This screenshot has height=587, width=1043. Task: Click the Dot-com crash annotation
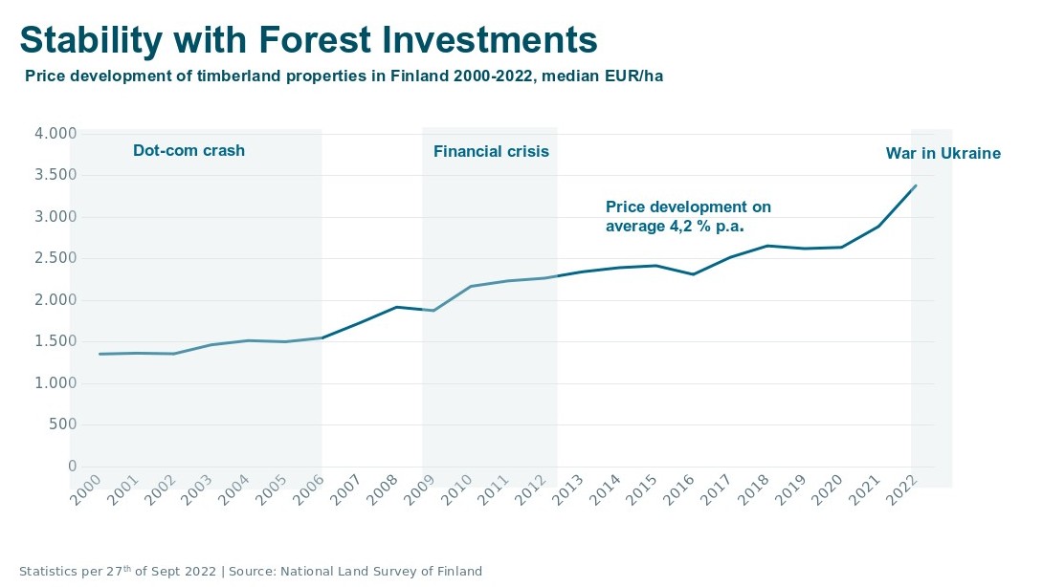tap(189, 150)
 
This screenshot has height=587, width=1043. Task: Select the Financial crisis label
tap(491, 151)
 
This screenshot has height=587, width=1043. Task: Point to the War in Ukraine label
tap(943, 153)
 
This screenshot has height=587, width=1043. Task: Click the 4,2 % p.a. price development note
tap(688, 217)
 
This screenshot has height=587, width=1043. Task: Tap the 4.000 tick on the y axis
tap(55, 134)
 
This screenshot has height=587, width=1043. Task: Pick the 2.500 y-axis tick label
tap(55, 258)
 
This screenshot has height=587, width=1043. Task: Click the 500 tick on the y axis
tap(62, 424)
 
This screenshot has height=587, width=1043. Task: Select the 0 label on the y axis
tap(72, 467)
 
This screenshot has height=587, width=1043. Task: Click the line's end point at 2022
tap(916, 185)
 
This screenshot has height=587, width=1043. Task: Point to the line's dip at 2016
tap(693, 274)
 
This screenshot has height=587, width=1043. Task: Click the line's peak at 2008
tap(396, 307)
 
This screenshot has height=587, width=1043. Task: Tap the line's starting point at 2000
tap(100, 354)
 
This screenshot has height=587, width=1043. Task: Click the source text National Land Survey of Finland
tap(381, 572)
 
